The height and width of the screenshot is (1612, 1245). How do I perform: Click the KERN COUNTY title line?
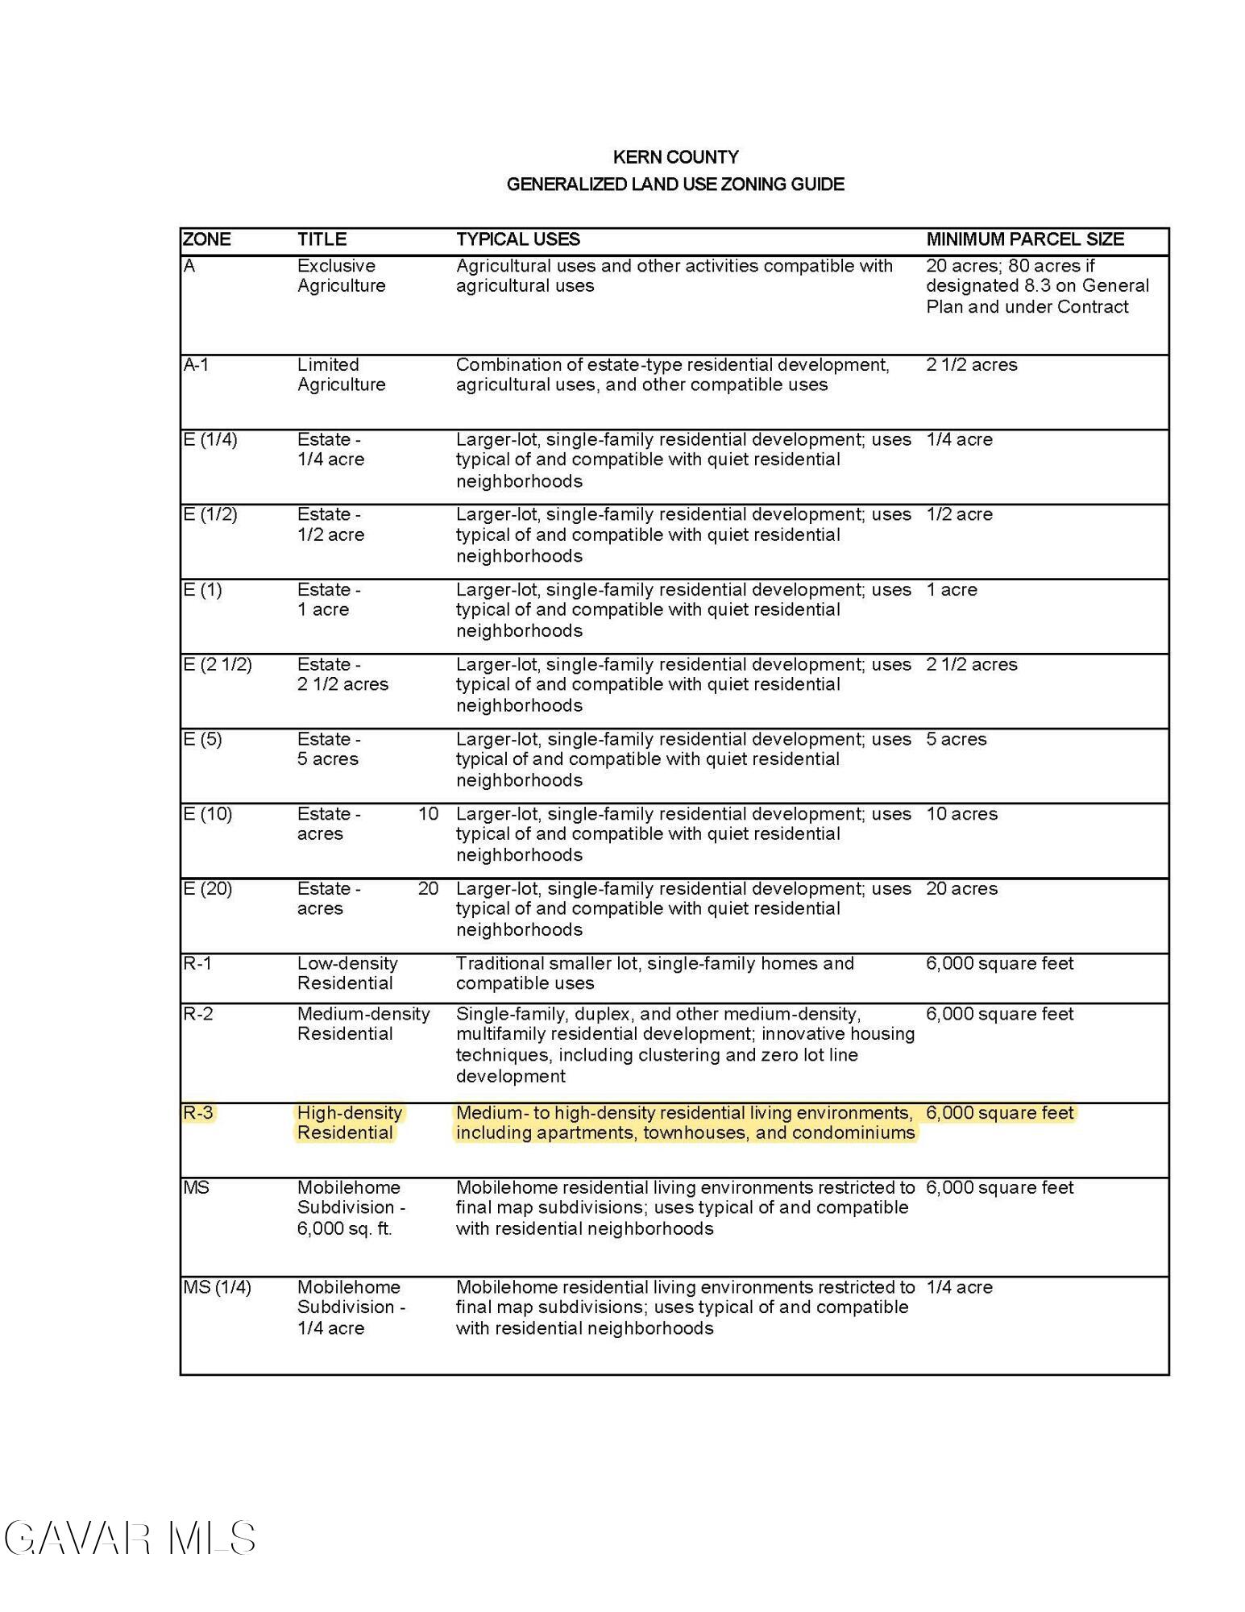675,157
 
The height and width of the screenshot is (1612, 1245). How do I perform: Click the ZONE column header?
206,239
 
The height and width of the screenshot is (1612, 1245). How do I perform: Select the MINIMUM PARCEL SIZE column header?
1024,239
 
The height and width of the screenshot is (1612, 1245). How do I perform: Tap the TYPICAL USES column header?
517,239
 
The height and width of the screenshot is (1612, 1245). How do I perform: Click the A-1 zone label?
196,365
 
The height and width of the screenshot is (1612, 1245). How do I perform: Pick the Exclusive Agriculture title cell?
341,276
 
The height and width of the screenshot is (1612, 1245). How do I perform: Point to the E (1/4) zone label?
210,440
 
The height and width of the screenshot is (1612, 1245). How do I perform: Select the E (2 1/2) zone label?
217,665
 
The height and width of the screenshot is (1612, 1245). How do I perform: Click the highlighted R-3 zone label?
198,1113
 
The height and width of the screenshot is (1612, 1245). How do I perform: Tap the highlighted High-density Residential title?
349,1123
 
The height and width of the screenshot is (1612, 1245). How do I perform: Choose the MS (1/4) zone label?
217,1288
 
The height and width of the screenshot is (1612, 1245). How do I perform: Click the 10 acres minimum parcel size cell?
961,814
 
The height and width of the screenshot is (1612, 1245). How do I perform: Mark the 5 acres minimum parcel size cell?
956,739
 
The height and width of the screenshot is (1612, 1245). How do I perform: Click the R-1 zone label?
197,964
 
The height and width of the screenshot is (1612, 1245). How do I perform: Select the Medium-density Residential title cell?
363,1024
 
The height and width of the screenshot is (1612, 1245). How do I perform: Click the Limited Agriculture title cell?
341,375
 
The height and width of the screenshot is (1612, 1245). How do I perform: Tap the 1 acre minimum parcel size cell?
951,590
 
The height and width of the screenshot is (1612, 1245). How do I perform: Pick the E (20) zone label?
207,889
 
